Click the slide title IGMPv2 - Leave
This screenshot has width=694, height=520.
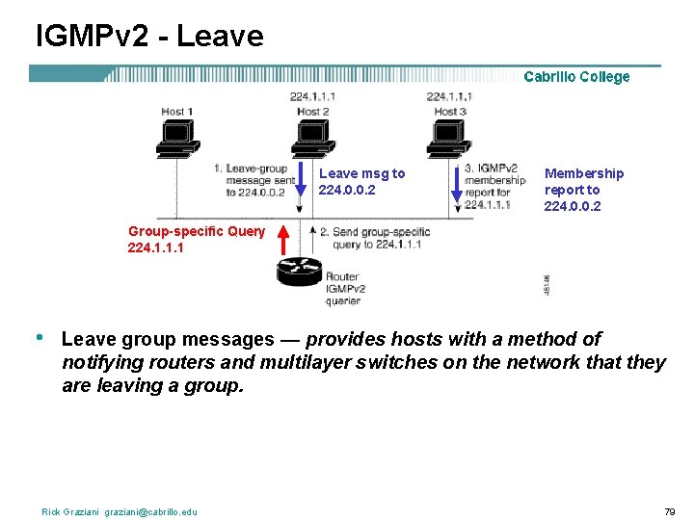click(x=149, y=37)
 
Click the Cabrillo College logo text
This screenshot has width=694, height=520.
click(x=576, y=77)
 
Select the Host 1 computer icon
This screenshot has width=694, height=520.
click(x=177, y=141)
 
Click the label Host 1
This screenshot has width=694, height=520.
click(x=177, y=112)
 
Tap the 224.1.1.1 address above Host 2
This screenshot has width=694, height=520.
click(x=312, y=97)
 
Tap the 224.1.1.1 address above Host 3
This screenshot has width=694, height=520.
click(x=449, y=97)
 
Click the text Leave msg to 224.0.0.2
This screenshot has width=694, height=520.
click(x=361, y=181)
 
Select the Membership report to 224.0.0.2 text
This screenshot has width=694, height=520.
click(x=583, y=189)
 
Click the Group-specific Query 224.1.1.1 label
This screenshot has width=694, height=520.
click(x=196, y=239)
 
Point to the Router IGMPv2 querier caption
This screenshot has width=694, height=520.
click(x=343, y=289)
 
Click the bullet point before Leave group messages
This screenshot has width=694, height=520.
click(x=38, y=338)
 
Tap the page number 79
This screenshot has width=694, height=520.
click(x=670, y=510)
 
